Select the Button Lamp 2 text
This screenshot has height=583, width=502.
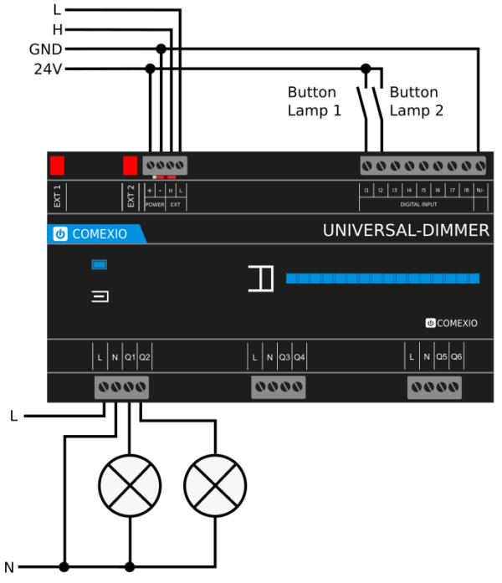click(417, 101)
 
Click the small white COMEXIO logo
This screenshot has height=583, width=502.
click(451, 322)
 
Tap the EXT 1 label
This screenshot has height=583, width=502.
click(58, 195)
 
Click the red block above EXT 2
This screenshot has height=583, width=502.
click(131, 165)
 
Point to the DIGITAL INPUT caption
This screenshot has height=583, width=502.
click(418, 204)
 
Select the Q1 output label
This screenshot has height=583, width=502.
click(130, 358)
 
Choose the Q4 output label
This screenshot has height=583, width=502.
click(300, 358)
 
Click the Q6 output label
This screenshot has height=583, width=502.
click(456, 358)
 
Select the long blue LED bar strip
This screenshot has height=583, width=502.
click(382, 278)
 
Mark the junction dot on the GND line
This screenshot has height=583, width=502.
click(161, 49)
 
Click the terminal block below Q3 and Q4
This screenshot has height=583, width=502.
click(279, 387)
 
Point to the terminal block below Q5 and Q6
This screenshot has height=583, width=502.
click(434, 387)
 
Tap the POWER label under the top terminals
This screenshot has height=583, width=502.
click(155, 204)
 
